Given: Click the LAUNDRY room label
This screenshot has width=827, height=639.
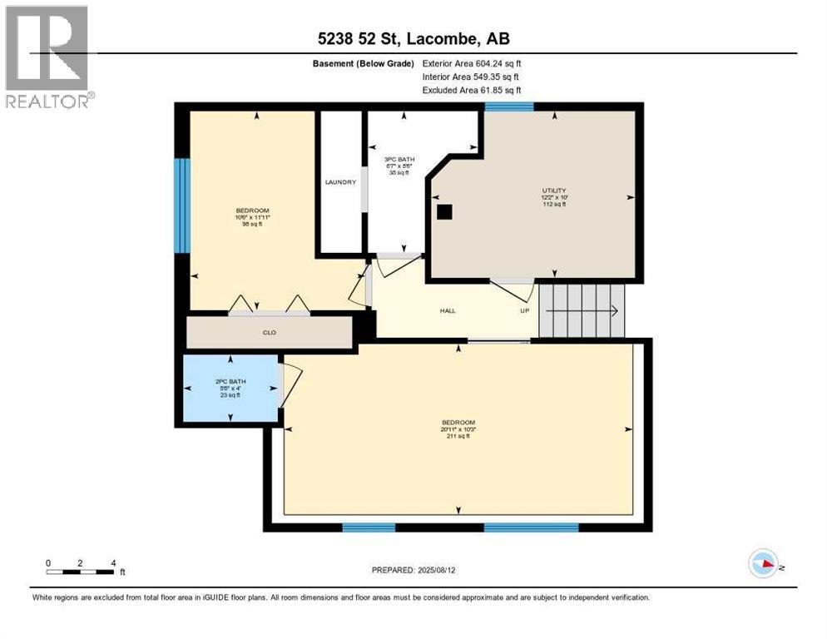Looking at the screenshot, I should point(340,182).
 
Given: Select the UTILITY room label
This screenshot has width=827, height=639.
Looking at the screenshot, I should point(553,191).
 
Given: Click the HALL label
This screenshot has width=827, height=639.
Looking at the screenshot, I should point(448,311).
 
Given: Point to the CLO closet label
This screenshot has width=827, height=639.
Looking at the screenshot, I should point(269,333).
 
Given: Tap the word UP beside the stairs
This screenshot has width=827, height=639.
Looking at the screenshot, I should point(525,311).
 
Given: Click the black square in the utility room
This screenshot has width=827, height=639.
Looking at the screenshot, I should point(445,211).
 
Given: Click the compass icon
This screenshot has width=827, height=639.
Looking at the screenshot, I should point(763,564).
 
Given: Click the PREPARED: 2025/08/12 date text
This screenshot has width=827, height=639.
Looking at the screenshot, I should point(413,571).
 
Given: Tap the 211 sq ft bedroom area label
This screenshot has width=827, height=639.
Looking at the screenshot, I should point(458,435).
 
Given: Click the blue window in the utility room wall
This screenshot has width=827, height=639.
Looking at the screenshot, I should point(509,106).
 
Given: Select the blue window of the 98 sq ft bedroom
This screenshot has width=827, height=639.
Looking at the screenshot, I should point(181,205).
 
